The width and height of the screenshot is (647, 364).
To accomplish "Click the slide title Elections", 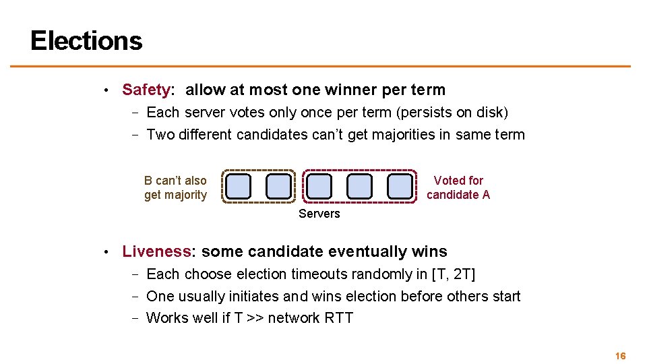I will tap(86, 40).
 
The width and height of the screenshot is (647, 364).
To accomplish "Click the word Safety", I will tap(146, 90).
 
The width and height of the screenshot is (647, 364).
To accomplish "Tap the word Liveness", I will tap(156, 251).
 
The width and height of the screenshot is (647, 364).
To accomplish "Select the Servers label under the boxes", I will tap(319, 214).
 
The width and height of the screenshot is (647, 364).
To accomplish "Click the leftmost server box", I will tap(239, 186).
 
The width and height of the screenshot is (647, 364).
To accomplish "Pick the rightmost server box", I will tap(400, 186).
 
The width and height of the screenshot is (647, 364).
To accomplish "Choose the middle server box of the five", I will tap(319, 186).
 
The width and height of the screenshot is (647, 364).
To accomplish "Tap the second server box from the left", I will tap(279, 186).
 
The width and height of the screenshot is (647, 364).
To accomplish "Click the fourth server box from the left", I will tap(360, 186).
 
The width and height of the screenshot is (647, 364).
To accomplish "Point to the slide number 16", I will tap(621, 355).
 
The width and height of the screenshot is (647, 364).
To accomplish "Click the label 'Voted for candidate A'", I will tap(458, 188).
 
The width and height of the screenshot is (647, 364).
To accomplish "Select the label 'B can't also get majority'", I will tap(175, 188).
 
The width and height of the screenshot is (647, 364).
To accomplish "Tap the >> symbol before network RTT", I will tap(255, 317).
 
